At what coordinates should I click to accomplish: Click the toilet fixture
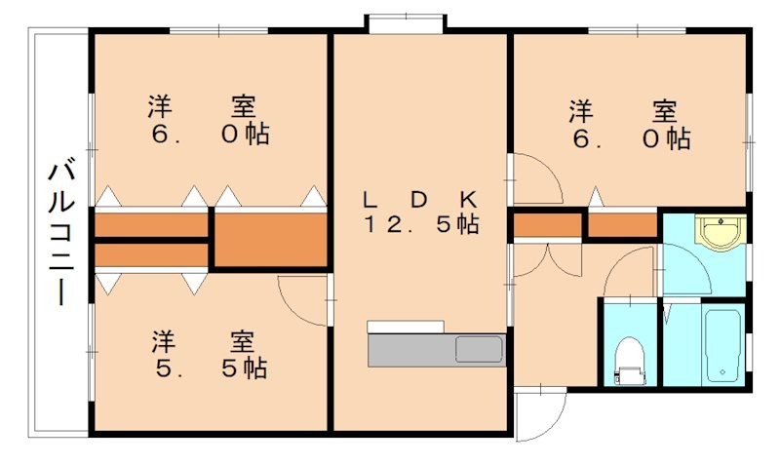(630, 359)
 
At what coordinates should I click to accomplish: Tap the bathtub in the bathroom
(723, 345)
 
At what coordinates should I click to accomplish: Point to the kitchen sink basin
(478, 348)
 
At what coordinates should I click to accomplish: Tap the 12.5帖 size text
(421, 225)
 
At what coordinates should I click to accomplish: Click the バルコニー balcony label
(61, 234)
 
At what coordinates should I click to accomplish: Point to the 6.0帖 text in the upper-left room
(209, 134)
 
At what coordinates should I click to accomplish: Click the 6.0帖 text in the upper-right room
(631, 138)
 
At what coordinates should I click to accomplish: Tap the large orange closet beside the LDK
(270, 240)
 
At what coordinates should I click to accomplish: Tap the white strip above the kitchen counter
(406, 326)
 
